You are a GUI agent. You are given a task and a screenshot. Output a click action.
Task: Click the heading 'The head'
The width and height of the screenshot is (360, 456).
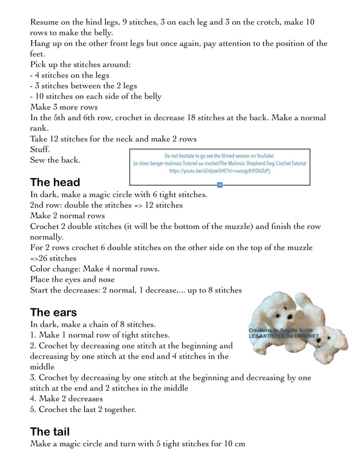click(x=55, y=183)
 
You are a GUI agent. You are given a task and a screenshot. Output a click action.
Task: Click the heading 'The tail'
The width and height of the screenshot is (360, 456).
click(x=50, y=432)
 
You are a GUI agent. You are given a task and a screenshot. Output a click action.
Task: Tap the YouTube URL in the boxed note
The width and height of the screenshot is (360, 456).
click(x=220, y=171)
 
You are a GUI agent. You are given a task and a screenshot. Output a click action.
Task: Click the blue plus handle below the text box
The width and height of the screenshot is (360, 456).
click(x=220, y=185)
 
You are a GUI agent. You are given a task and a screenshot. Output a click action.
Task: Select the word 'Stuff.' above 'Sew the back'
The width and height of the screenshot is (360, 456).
click(x=40, y=150)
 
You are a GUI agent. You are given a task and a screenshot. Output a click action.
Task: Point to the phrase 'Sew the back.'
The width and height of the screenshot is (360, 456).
click(x=55, y=160)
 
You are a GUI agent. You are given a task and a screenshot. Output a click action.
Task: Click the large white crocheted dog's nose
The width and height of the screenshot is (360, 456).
click(x=290, y=317)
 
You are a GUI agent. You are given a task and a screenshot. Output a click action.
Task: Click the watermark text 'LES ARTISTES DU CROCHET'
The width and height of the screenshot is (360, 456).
click(x=283, y=336)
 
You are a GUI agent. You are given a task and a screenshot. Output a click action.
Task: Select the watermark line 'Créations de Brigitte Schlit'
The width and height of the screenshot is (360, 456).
click(x=280, y=330)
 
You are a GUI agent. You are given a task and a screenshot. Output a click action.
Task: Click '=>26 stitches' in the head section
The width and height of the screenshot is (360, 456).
click(x=53, y=258)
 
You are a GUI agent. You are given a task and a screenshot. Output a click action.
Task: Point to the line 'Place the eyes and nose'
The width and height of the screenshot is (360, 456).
click(x=73, y=280)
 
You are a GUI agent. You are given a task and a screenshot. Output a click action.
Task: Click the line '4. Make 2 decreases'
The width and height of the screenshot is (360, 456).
click(x=66, y=399)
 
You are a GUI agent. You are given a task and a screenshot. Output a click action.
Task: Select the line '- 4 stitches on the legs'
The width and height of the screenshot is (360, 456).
click(x=70, y=75)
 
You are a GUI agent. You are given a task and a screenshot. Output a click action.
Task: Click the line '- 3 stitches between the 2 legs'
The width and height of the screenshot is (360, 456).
click(x=84, y=86)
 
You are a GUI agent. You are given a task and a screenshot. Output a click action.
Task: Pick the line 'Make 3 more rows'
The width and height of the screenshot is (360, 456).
click(x=64, y=107)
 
